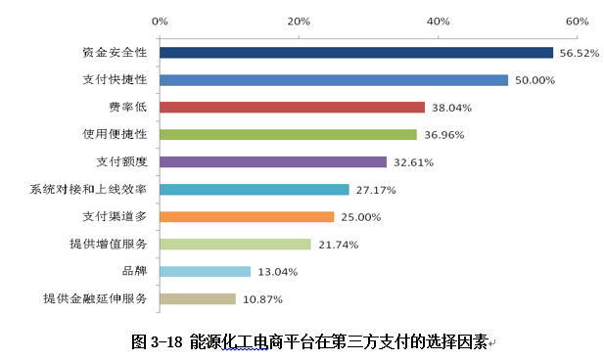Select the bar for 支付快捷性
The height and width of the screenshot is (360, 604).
pos(334,80)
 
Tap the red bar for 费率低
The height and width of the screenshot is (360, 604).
pos(292,108)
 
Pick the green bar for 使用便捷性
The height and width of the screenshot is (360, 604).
pos(288,134)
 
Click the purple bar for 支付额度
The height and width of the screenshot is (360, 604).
pos(273,161)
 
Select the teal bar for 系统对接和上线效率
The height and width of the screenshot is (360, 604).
pos(255,189)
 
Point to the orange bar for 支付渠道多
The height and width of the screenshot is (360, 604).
pos(247,216)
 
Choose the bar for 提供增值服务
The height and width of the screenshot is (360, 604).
pos(235,244)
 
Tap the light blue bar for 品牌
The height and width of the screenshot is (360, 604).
pos(205,271)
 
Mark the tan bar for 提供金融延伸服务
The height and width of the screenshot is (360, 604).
pos(198,298)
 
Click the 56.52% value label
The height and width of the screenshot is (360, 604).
pos(578,54)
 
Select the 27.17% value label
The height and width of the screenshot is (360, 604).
pos(375,190)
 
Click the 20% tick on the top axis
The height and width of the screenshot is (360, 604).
pos(300,20)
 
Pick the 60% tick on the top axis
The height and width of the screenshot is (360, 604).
pos(578,20)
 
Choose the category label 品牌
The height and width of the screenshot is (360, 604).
pos(133,271)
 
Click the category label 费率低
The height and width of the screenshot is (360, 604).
pos(127,108)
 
